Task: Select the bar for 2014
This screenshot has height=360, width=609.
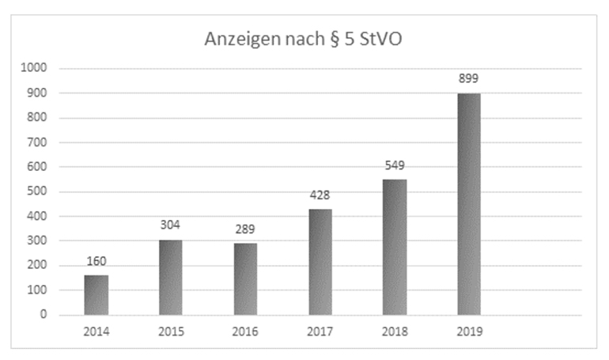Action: click(x=96, y=294)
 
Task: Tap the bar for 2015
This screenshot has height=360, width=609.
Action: click(x=171, y=277)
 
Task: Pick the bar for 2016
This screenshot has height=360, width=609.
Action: click(x=245, y=279)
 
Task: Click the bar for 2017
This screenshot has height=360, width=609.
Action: click(x=320, y=262)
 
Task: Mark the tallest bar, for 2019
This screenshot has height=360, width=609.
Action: click(x=469, y=204)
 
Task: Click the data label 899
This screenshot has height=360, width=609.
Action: click(x=469, y=79)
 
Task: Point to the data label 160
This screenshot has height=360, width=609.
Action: click(x=96, y=261)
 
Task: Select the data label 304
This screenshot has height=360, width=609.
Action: click(x=171, y=225)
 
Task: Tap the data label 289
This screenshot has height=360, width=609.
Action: click(x=245, y=229)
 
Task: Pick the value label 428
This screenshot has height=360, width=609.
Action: click(x=320, y=195)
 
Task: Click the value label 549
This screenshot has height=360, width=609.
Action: click(x=394, y=165)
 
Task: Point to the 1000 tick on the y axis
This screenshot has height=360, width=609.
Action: click(x=35, y=69)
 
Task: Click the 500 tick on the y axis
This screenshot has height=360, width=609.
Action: click(x=37, y=191)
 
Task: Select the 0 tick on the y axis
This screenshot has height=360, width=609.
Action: click(x=44, y=315)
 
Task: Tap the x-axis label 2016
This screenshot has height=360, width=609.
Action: click(x=245, y=332)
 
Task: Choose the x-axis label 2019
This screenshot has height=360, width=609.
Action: click(x=469, y=332)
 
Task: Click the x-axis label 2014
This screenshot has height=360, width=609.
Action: click(x=96, y=332)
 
